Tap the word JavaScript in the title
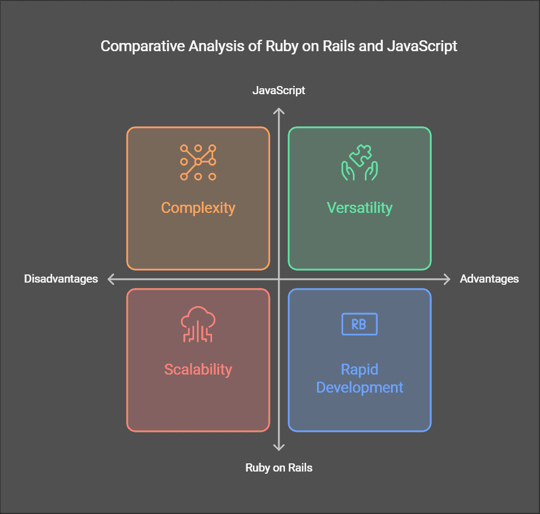[x=422, y=46]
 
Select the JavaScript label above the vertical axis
[x=278, y=90]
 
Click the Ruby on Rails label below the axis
[x=278, y=467]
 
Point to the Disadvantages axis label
[x=61, y=279]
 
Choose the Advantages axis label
[x=489, y=279]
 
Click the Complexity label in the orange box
[x=198, y=207]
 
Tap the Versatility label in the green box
[x=359, y=207]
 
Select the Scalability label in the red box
[x=198, y=369]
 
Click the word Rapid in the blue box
[x=359, y=369]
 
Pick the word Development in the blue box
[x=359, y=388]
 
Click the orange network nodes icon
[x=198, y=162]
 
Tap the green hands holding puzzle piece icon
[x=359, y=162]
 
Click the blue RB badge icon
[x=359, y=324]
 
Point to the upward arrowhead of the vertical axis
[x=278, y=111]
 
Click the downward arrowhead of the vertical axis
[x=278, y=448]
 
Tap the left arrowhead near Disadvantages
[x=110, y=279]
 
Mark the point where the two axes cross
[x=278, y=279]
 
